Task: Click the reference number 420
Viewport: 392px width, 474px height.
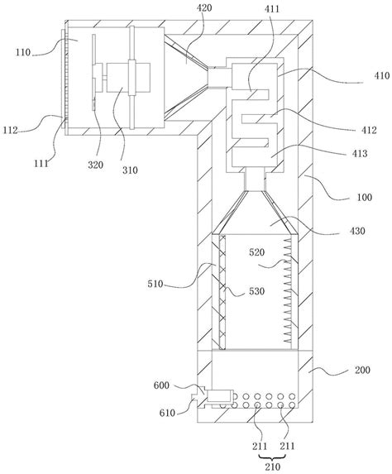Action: coord(204,8)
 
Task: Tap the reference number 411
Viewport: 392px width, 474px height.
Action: coord(272,9)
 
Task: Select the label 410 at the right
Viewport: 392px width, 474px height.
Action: coord(382,75)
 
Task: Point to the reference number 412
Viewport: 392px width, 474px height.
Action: coord(369,131)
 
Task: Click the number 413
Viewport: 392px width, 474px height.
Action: coord(360,153)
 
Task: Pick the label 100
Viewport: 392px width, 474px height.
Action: coord(365,198)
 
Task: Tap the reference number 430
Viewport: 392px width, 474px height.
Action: coord(357,231)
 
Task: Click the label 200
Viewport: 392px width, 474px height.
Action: coord(362,370)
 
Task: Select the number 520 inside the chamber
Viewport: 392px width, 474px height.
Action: coord(257,252)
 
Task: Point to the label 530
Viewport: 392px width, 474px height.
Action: coord(257,291)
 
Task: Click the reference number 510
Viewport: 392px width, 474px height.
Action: coord(155,285)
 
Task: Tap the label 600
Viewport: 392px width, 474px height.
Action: coord(161,385)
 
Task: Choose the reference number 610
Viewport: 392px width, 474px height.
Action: coord(167,413)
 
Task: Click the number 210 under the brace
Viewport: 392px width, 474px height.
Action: coord(273,467)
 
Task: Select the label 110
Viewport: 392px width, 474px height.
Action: coord(23,52)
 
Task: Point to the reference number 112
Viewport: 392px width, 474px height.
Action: coord(11,131)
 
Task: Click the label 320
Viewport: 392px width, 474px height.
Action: coord(95,165)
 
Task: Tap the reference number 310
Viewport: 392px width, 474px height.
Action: coord(130,170)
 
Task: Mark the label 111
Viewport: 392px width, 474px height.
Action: coord(41,164)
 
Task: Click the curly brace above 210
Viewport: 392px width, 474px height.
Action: coord(273,457)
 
